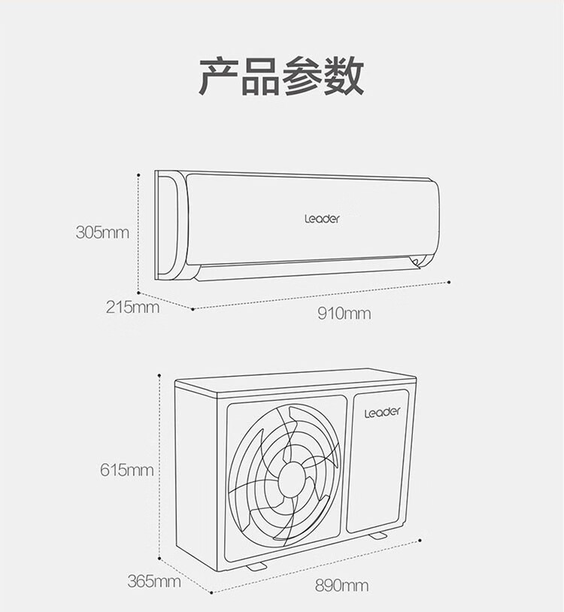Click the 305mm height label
[x=102, y=232]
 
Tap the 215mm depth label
[x=132, y=307]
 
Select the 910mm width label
[x=344, y=313]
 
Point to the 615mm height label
[x=126, y=471]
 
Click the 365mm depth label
[x=153, y=581]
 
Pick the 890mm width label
[x=342, y=585]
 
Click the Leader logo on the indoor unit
[x=322, y=219]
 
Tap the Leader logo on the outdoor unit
[x=383, y=412]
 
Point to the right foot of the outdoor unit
[x=378, y=535]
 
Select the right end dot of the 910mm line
[x=450, y=281]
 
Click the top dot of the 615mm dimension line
[x=159, y=374]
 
